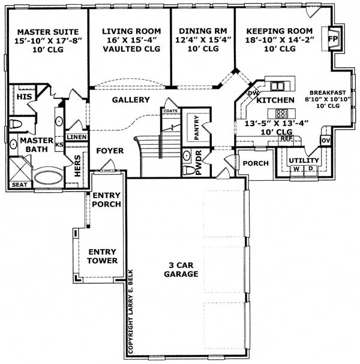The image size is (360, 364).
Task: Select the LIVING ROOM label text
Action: [131, 31]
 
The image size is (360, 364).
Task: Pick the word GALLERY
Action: [130, 100]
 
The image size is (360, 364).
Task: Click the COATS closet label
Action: [170, 111]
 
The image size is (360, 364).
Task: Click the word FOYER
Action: [109, 150]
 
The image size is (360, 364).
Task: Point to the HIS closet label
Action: [23, 96]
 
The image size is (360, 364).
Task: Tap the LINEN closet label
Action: [76, 137]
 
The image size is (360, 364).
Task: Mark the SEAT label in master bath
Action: [19, 185]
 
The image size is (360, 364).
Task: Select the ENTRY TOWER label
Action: [102, 256]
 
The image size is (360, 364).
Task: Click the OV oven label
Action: [326, 141]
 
